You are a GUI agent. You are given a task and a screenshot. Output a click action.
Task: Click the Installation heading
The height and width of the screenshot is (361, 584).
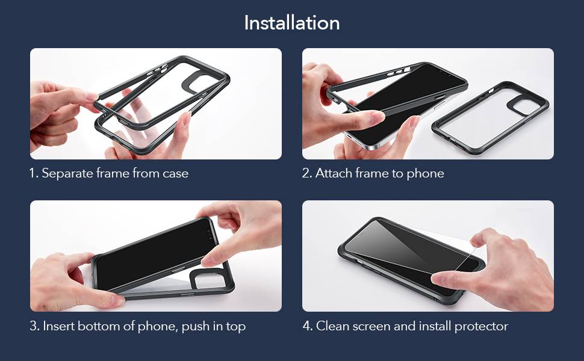tap(291, 23)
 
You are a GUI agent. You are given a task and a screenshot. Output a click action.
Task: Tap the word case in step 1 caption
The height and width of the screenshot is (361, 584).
tap(175, 174)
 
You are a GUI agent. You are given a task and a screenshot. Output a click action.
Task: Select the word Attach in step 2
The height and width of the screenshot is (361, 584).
tap(334, 173)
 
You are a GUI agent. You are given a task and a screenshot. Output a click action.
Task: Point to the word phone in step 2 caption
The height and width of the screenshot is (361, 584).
tap(425, 174)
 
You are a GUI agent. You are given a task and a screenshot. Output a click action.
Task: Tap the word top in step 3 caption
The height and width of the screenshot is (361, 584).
tap(236, 327)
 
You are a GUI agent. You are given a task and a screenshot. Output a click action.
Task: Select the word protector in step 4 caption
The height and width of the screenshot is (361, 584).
tap(481, 327)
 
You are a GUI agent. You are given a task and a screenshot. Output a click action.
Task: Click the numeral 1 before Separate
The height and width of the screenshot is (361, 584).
tap(33, 173)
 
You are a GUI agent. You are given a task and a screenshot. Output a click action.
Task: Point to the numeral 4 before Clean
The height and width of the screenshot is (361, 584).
tap(307, 326)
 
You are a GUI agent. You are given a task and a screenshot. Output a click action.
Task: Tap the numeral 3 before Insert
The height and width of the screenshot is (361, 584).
tap(34, 326)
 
